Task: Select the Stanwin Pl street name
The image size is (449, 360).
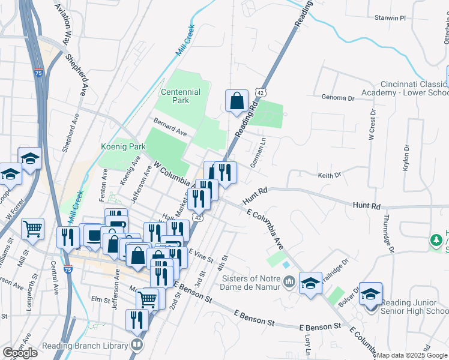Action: [x=391, y=18]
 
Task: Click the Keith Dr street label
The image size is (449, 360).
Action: [x=329, y=175]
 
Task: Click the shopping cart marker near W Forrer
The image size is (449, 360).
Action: [x=32, y=228]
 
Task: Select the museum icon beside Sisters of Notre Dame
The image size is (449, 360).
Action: [x=289, y=281]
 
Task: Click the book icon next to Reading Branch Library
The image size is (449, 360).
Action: [x=137, y=345]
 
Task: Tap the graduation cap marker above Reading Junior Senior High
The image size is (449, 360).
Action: [x=371, y=293]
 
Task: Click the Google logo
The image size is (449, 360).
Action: [x=20, y=352]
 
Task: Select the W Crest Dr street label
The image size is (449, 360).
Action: [x=372, y=125]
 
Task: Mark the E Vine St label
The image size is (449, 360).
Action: [x=200, y=257]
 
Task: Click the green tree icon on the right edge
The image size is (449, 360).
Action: [x=437, y=241]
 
